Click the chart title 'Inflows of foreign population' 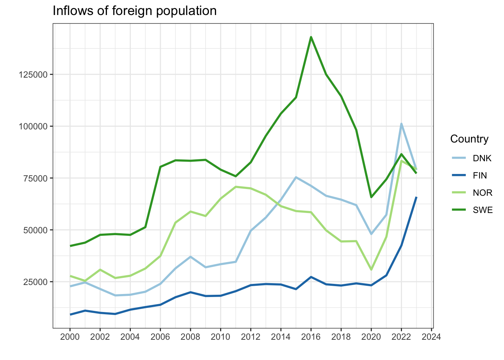[x=134, y=10]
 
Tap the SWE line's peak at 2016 [x=311, y=37]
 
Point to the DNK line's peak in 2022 [x=401, y=123]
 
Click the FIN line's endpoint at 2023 [x=416, y=197]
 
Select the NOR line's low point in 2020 [x=371, y=270]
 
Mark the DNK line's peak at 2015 [x=296, y=177]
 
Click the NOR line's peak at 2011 [x=235, y=187]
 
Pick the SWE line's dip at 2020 [x=371, y=197]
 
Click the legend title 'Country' [x=469, y=139]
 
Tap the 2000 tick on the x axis [x=70, y=337]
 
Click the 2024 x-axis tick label [x=431, y=337]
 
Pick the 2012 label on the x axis [x=250, y=337]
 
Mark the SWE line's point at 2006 [x=160, y=167]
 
